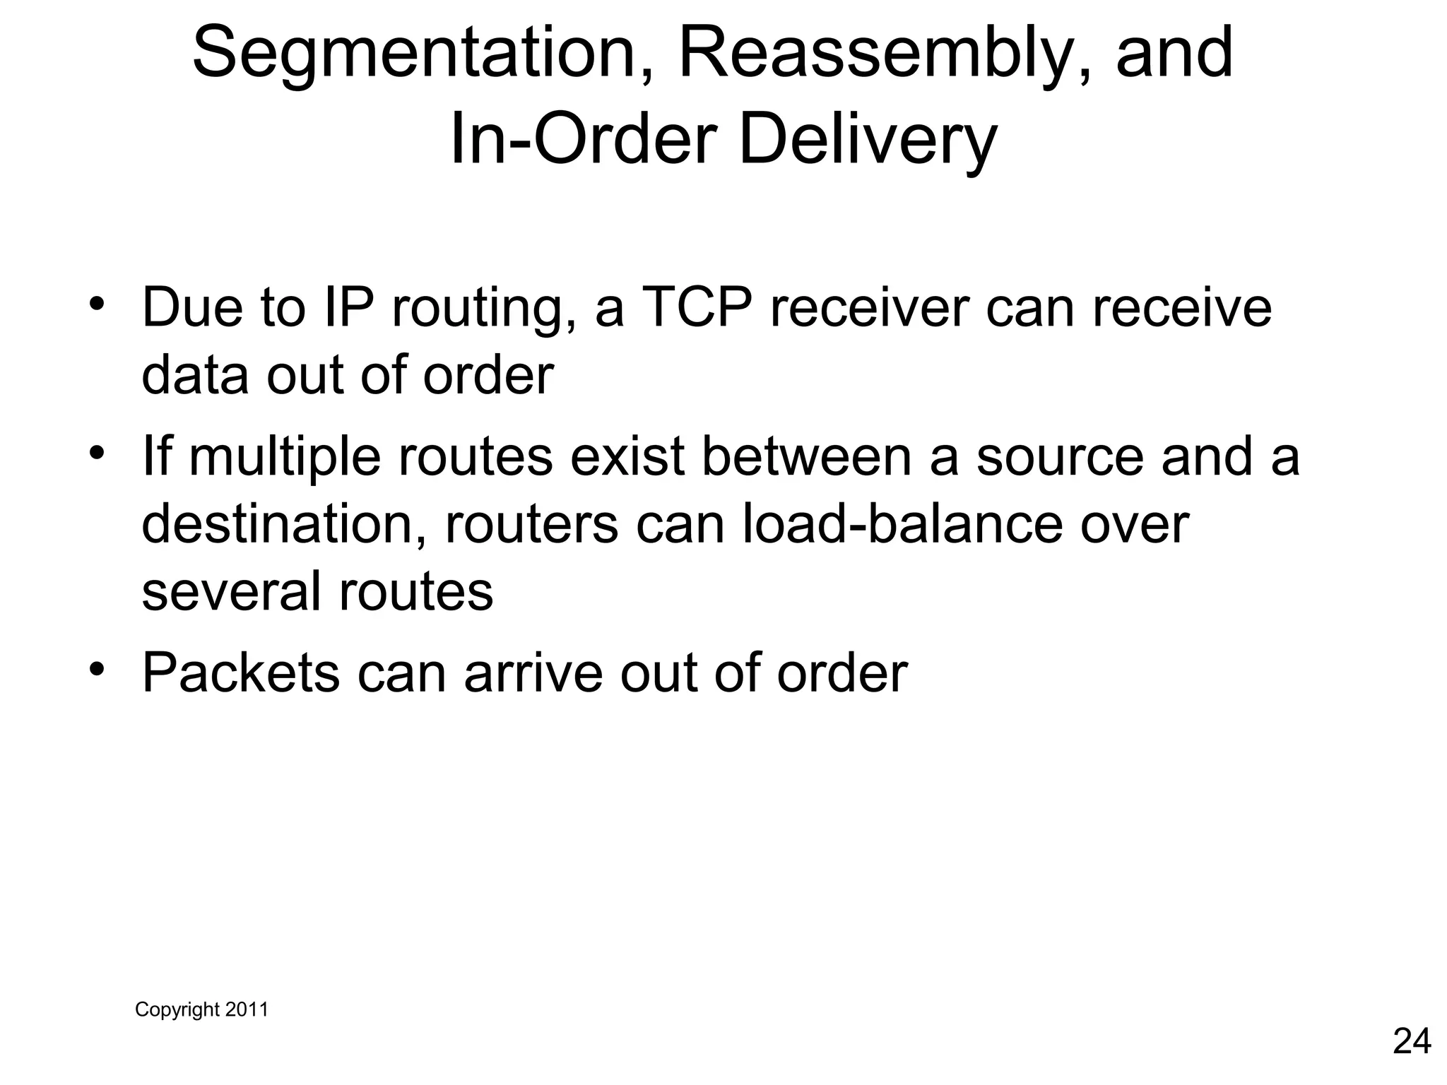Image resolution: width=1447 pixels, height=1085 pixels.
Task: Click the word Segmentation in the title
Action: point(415,54)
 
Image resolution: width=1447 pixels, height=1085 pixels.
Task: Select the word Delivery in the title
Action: point(867,141)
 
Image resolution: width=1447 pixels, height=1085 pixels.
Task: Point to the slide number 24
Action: point(1412,1041)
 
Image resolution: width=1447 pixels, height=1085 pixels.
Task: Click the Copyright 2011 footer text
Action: point(201,1009)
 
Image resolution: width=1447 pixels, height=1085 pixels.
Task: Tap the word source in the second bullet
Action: point(1059,456)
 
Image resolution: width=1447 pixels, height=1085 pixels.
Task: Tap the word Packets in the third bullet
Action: point(240,672)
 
